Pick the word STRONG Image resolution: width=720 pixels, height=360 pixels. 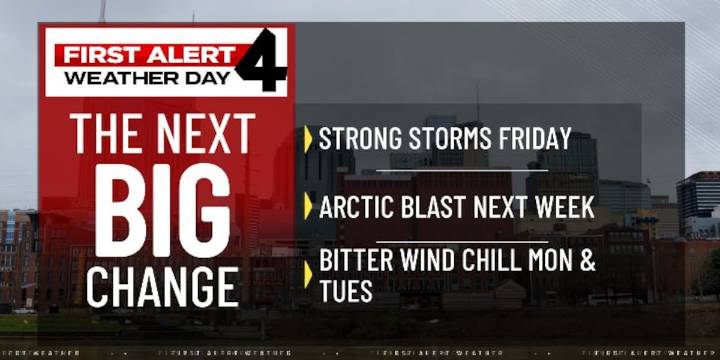(x=355, y=138)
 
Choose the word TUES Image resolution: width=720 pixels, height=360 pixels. (x=346, y=291)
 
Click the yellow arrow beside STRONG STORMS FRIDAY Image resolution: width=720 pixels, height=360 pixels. (x=308, y=139)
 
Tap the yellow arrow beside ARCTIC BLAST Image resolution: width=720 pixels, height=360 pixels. (x=308, y=208)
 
